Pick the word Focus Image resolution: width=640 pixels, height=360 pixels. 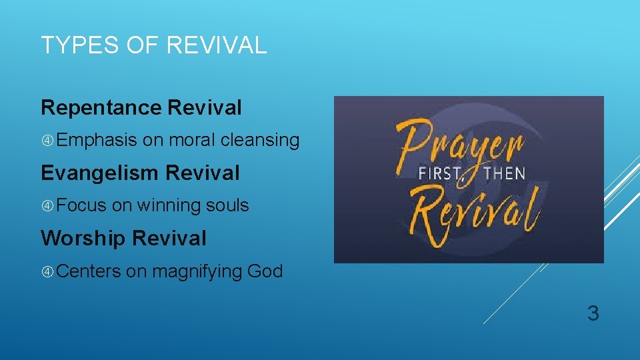81,205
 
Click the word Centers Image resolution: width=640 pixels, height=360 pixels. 89,271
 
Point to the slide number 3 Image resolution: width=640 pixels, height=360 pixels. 593,313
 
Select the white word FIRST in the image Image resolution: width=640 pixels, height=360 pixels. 440,174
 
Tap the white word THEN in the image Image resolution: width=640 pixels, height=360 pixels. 505,174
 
